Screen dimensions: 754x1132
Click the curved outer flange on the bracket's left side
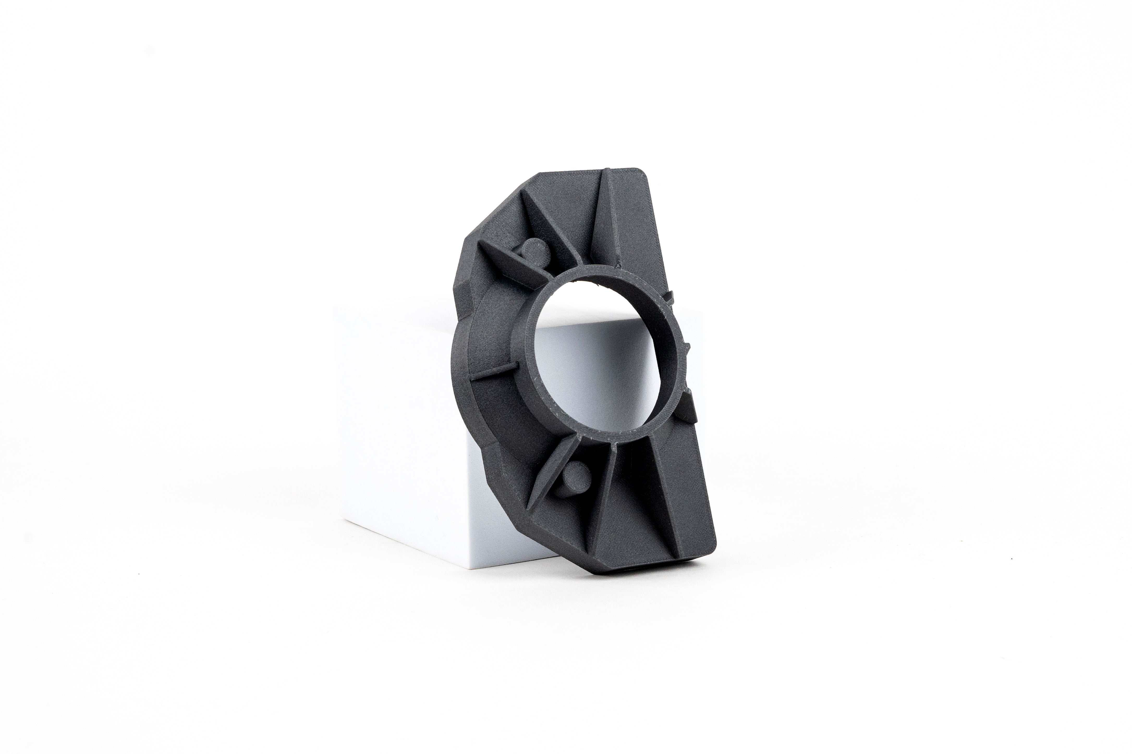464,366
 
